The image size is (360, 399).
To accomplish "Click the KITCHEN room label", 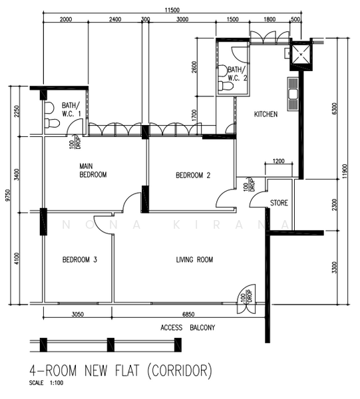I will click(x=266, y=114).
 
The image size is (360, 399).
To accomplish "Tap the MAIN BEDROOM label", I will click(x=92, y=170).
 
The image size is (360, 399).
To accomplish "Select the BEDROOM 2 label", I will click(x=193, y=176).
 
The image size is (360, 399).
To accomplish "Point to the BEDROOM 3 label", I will click(x=80, y=259).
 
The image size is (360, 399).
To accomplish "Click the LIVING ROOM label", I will click(x=194, y=259).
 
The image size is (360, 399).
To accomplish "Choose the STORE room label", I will click(x=279, y=203).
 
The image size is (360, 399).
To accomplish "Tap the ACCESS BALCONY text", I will click(x=188, y=328).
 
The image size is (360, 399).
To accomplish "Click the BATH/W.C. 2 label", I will click(x=236, y=73).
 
